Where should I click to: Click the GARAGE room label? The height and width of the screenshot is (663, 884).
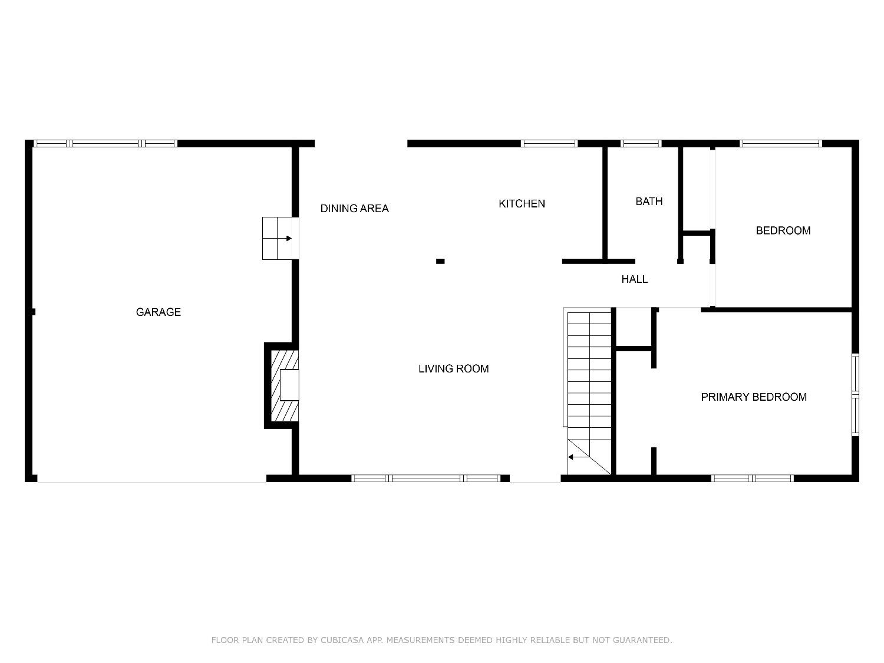tap(158, 312)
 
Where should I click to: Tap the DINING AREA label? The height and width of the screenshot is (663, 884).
tap(354, 209)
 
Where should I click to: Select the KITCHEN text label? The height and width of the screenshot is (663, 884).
tap(522, 204)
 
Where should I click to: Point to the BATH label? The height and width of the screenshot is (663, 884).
tap(649, 202)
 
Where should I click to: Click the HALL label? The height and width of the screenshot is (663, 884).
tap(634, 279)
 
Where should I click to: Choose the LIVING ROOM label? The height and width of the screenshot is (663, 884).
tap(453, 369)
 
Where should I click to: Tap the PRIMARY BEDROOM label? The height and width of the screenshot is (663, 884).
tap(754, 397)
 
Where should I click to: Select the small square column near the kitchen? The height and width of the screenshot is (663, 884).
tap(440, 261)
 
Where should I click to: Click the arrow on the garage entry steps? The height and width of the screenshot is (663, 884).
tap(288, 239)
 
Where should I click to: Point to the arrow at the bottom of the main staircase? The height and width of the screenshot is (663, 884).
tap(571, 457)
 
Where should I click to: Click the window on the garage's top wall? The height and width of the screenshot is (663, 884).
tap(105, 143)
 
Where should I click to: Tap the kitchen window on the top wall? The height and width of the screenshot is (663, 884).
tap(549, 143)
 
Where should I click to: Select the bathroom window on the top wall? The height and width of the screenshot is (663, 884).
tap(641, 143)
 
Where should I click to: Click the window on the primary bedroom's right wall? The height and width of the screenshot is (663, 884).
tap(855, 394)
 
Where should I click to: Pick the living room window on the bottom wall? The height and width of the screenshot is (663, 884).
tap(425, 479)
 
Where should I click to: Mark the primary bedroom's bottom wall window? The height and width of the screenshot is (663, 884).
tap(752, 479)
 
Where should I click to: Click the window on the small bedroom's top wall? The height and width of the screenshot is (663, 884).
tap(780, 143)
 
